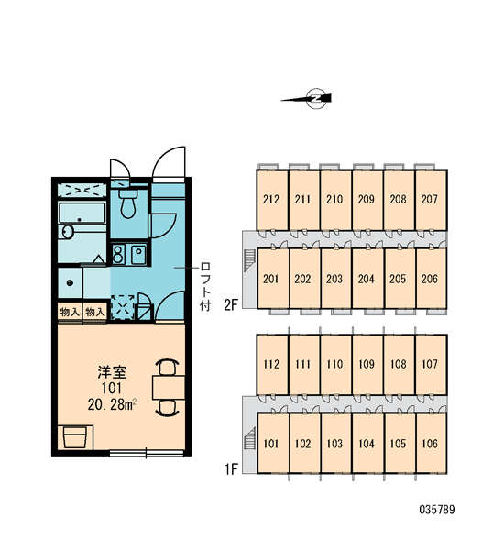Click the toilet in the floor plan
[x=128, y=203]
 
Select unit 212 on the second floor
[x=272, y=200]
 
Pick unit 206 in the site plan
[x=431, y=279]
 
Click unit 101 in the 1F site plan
[x=272, y=444]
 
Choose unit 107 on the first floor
[x=431, y=365]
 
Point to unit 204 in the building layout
[x=367, y=279]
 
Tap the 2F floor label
[x=231, y=304]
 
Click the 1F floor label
[x=231, y=468]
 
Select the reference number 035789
[x=437, y=510]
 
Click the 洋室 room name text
[x=112, y=372]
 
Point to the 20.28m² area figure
[x=112, y=404]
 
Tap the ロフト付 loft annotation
[x=205, y=286]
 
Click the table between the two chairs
[x=169, y=387]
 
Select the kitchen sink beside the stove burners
[x=138, y=254]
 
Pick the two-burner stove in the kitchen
[x=118, y=254]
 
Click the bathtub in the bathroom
[x=82, y=213]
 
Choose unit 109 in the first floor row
[x=367, y=365]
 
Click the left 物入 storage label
[x=70, y=312]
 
